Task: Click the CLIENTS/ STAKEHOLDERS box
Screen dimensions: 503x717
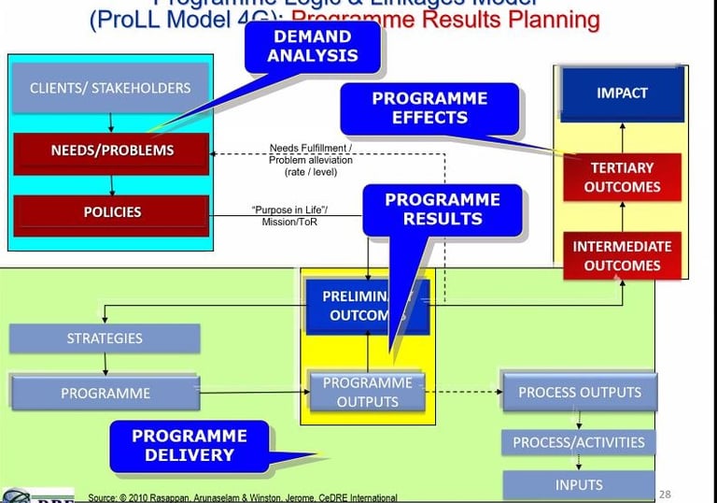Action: point(110,89)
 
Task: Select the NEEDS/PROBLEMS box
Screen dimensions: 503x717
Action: point(111,150)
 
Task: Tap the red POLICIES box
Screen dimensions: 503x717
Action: point(111,212)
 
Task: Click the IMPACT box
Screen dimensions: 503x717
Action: point(621,93)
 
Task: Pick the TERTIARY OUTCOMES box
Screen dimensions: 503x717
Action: point(621,177)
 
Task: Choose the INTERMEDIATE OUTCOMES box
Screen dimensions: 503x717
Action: point(621,256)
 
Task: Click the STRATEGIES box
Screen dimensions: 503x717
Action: point(105,338)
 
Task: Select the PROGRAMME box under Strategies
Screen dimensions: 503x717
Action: point(105,393)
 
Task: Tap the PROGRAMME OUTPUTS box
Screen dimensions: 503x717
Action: point(367,393)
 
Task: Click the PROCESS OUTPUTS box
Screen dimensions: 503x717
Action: point(579,392)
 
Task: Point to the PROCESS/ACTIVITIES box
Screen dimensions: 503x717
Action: point(579,441)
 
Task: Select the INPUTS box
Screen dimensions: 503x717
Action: point(579,484)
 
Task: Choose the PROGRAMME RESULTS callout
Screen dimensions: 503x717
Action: point(442,208)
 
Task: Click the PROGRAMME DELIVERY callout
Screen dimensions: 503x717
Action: point(190,445)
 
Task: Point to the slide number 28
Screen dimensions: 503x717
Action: point(665,494)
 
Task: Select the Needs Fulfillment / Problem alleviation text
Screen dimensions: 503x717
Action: point(310,160)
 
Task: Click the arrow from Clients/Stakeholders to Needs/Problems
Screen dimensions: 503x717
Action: point(111,122)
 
